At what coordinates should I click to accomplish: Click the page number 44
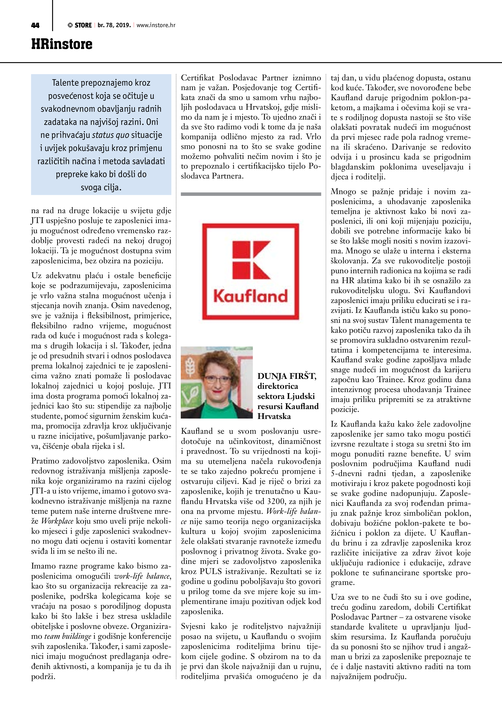point(35,25)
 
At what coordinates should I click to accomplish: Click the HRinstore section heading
point(62,44)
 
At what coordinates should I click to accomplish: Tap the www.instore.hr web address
point(156,25)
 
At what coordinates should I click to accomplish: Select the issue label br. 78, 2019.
point(114,25)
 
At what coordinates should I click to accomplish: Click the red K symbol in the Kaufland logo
point(251,260)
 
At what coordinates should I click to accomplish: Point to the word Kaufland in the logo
point(251,296)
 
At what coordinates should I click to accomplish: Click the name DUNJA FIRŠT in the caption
point(287,376)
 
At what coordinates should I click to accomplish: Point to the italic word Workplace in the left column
point(57,521)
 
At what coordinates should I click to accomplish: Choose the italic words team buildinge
point(68,636)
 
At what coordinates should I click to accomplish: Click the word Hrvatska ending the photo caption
point(274,416)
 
